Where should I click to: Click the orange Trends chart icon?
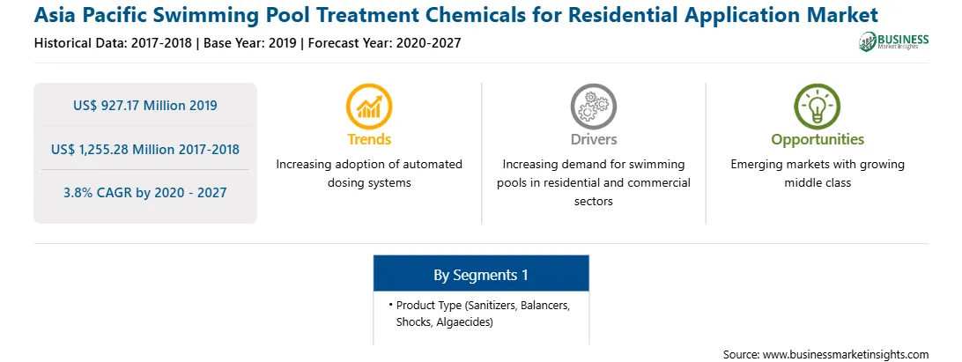(x=369, y=107)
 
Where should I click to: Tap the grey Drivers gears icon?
(x=593, y=107)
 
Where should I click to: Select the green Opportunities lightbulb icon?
(x=818, y=107)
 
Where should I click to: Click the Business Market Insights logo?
(x=894, y=41)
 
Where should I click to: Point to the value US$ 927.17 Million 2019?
(x=145, y=106)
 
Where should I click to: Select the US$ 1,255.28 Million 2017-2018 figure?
(x=145, y=149)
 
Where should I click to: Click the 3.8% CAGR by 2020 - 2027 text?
(x=145, y=193)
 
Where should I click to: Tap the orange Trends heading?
(x=369, y=139)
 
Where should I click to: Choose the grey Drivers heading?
(x=593, y=139)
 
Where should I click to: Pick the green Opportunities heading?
(x=818, y=139)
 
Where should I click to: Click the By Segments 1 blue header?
(x=481, y=274)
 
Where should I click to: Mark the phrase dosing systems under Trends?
(x=369, y=183)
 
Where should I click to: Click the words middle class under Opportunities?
(x=818, y=183)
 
